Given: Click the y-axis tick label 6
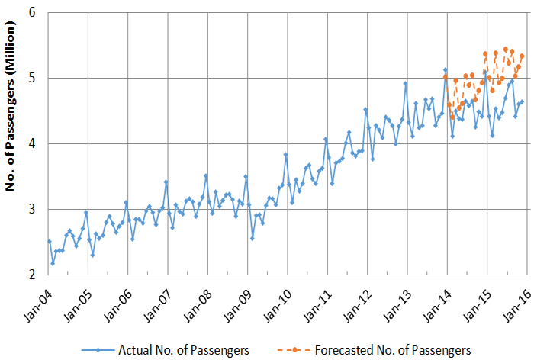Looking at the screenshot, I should [x=34, y=13].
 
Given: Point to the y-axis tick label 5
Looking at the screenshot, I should [x=34, y=79].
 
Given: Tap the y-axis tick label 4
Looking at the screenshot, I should [x=34, y=144].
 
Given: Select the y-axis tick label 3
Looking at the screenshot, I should [x=34, y=210].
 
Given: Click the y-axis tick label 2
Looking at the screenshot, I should [x=34, y=275].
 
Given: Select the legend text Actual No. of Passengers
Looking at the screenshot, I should [x=184, y=350].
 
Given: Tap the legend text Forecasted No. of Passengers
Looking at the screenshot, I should [x=393, y=350].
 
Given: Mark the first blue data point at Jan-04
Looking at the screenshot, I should [x=50, y=241].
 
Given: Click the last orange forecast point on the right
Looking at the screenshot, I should [x=522, y=56].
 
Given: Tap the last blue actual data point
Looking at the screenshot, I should [x=522, y=101].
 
